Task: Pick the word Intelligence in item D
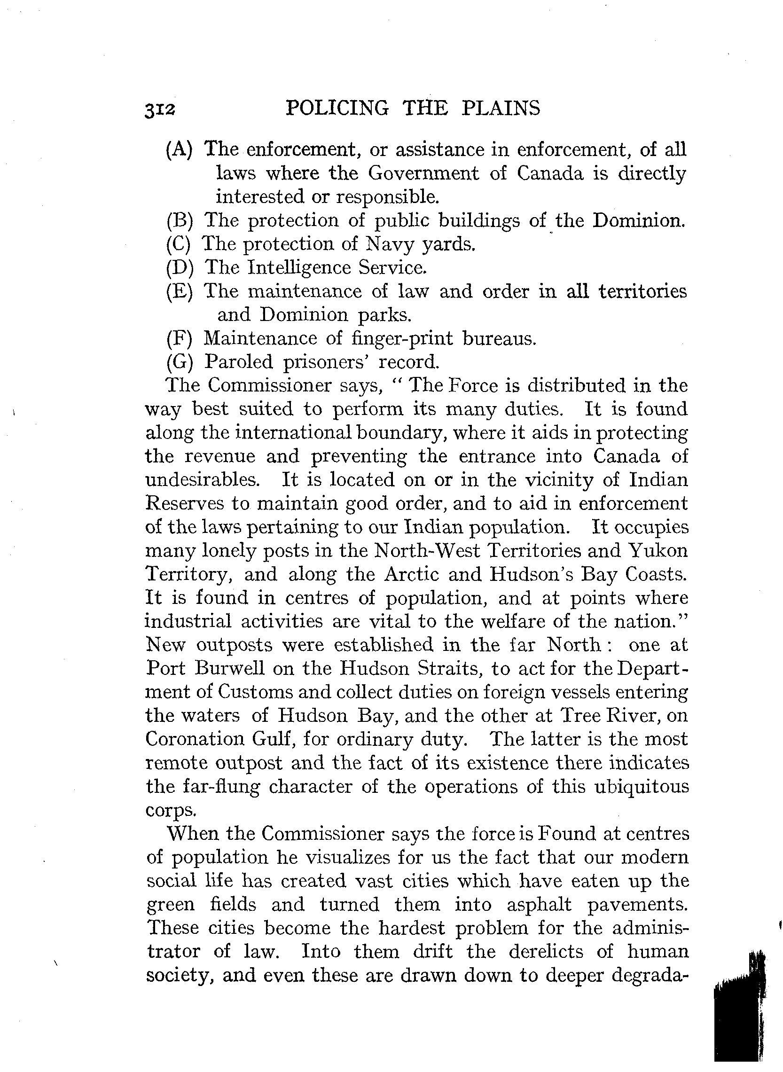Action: click(x=298, y=268)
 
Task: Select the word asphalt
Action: click(x=540, y=905)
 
